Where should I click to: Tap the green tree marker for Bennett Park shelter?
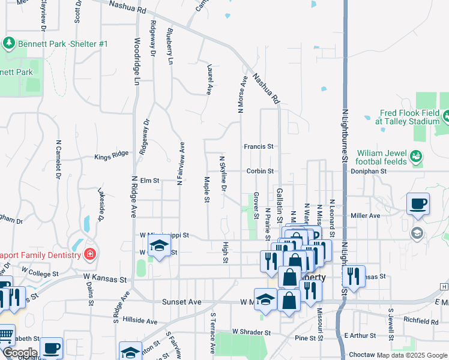click(x=9, y=43)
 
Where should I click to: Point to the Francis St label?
click(x=259, y=146)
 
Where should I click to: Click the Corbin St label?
click(x=259, y=171)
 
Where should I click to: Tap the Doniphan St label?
click(x=369, y=171)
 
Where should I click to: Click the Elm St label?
click(x=149, y=180)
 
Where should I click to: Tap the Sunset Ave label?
click(x=181, y=302)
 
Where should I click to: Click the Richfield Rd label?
click(x=421, y=322)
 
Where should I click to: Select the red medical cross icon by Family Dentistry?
click(x=90, y=254)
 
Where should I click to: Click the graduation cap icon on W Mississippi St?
click(x=159, y=245)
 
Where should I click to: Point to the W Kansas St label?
click(x=106, y=280)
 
